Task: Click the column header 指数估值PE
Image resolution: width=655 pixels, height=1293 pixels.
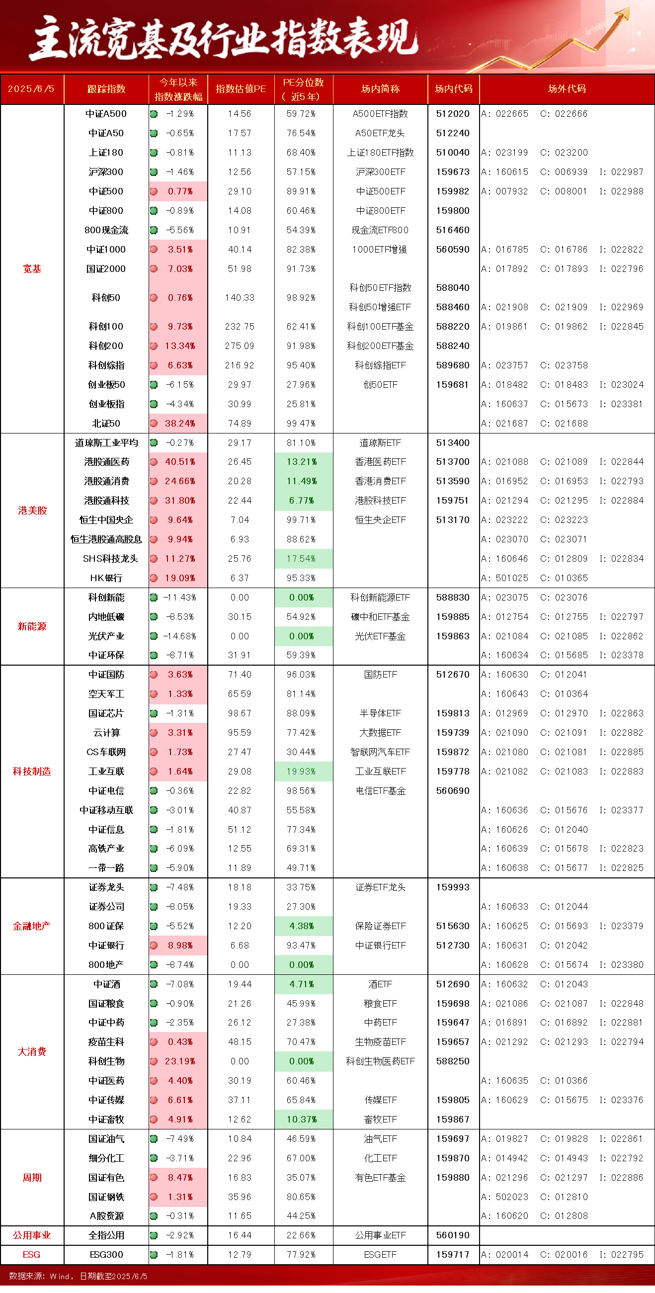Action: (x=241, y=89)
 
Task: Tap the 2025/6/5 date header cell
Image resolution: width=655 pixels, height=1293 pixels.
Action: (x=32, y=89)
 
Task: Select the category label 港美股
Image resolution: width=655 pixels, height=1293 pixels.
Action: (x=32, y=511)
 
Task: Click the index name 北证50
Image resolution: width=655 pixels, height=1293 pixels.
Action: (x=106, y=423)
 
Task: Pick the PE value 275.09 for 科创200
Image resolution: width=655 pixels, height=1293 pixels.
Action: (x=240, y=346)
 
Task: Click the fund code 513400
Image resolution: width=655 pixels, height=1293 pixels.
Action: (x=453, y=443)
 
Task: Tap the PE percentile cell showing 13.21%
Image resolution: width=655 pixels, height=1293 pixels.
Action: (x=303, y=462)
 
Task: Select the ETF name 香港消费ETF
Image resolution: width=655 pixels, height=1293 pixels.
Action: (x=381, y=481)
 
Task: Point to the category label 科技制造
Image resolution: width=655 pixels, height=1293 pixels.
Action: (x=32, y=772)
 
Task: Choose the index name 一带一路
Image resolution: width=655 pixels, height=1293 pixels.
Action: (x=106, y=868)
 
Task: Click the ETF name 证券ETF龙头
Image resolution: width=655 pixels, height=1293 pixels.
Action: (x=381, y=887)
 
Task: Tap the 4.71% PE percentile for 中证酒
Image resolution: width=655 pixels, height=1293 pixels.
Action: (x=303, y=984)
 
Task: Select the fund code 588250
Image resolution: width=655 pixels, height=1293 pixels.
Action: (x=453, y=1061)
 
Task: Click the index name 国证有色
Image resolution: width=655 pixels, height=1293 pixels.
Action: (x=106, y=1178)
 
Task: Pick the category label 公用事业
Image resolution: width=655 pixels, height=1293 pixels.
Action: (x=32, y=1235)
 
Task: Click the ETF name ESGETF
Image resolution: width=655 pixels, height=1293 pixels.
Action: (x=381, y=1255)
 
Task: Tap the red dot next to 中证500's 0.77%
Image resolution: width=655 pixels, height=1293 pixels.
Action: (x=154, y=191)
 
